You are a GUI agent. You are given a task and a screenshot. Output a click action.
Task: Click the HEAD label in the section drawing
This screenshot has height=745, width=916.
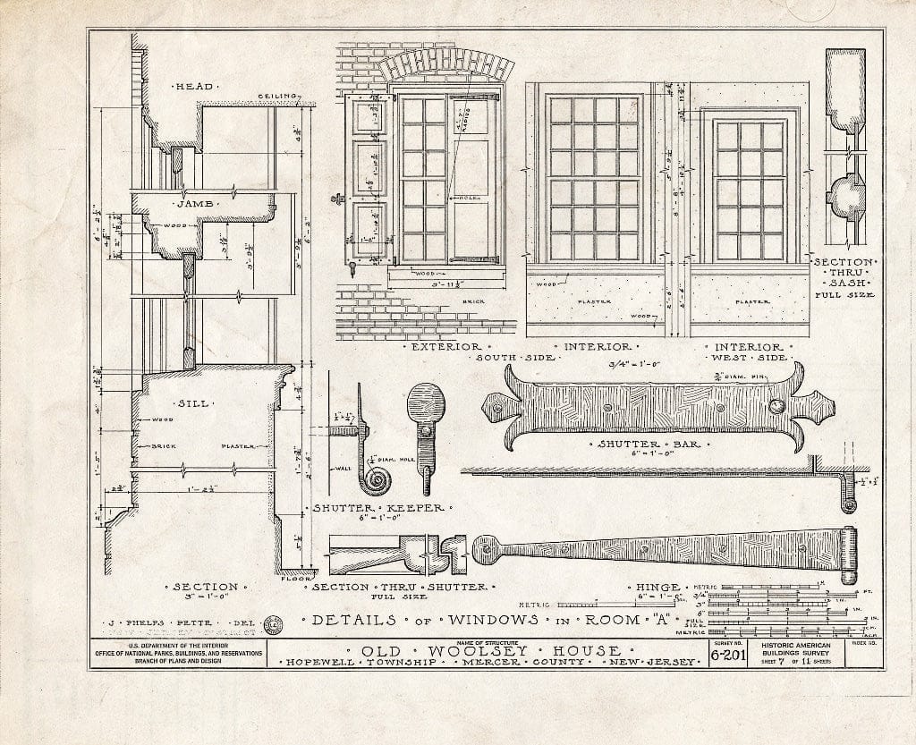[x=193, y=87]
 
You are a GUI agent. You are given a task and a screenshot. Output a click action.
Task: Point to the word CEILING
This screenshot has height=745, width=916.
[x=277, y=97]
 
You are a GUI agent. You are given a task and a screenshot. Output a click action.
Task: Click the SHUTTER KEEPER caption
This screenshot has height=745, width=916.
[x=377, y=508]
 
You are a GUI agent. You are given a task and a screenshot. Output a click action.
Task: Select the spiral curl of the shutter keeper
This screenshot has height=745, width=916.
[x=374, y=481]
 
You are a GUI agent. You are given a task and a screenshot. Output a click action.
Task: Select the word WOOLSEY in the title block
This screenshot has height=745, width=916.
[x=486, y=650]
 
